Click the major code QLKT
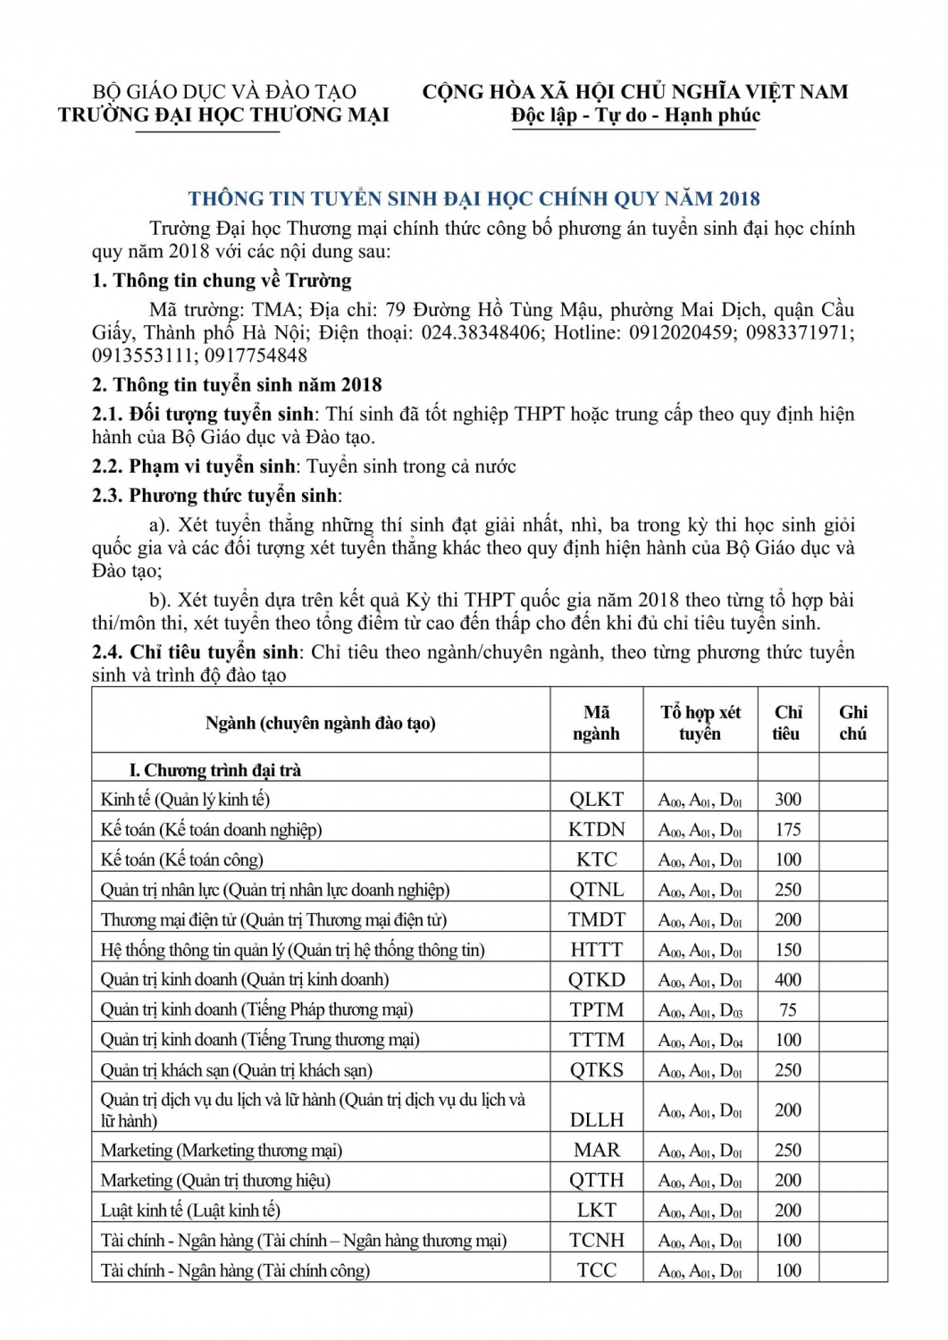point(596,800)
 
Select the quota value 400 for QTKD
point(787,980)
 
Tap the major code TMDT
point(596,920)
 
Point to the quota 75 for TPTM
point(787,1010)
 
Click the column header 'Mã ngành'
point(596,723)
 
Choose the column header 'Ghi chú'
point(852,723)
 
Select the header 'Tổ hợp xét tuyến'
point(700,723)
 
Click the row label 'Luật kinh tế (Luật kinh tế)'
point(190,1210)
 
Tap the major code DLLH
point(596,1119)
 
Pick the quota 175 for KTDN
point(787,830)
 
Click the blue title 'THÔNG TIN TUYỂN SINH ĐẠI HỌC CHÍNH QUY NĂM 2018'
point(474,198)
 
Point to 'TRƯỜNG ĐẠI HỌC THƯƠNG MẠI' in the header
point(223,115)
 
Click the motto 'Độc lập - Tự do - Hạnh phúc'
point(635,115)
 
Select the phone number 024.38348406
point(481,332)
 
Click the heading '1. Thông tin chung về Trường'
point(222,281)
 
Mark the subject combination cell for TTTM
point(700,1041)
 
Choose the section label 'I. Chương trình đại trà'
point(215,770)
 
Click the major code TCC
point(596,1270)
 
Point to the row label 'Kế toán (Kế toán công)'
point(182,860)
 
